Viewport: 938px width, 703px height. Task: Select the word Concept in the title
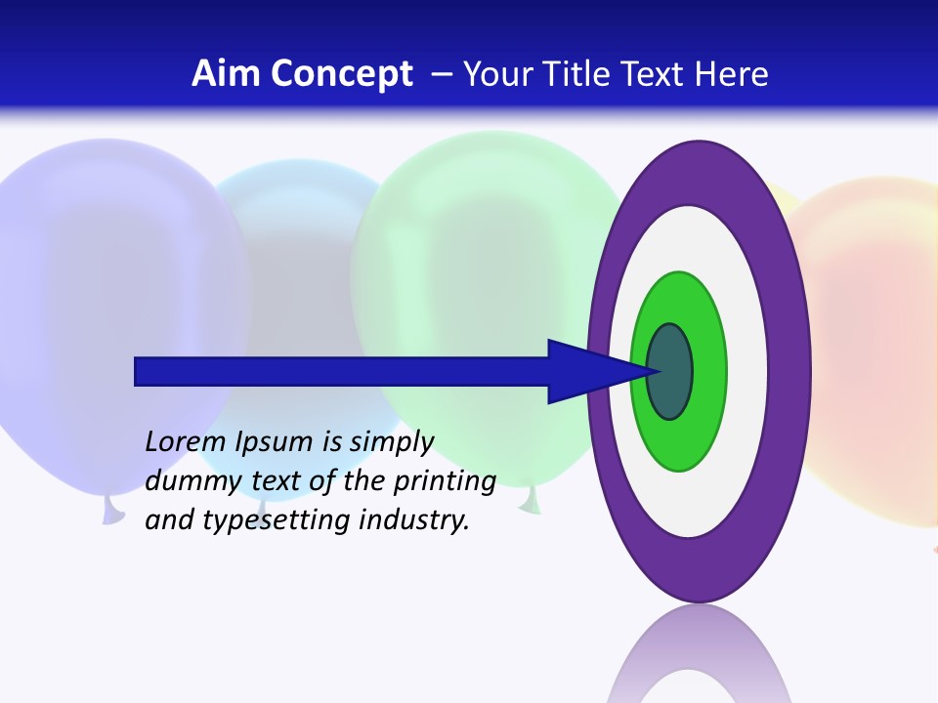(x=341, y=74)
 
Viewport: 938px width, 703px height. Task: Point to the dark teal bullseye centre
(x=670, y=371)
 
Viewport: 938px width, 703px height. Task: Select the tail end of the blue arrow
(x=138, y=371)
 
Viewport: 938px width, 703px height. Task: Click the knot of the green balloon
(x=530, y=500)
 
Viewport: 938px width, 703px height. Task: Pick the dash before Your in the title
(x=442, y=74)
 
